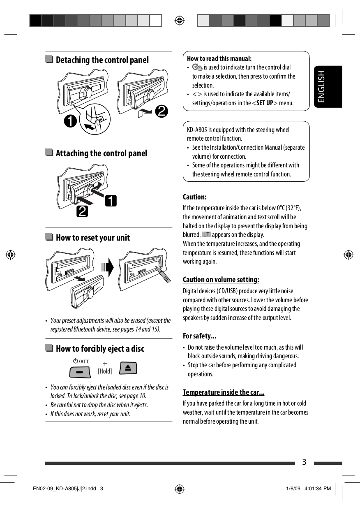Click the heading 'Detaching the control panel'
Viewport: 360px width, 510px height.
pyautogui.click(x=102, y=60)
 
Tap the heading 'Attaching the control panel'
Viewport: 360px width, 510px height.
pyautogui.click(x=101, y=153)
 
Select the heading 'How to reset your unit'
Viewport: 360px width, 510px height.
pyautogui.click(x=92, y=238)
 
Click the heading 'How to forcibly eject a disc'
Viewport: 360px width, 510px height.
pyautogui.click(x=100, y=349)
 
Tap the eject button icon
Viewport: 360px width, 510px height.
pyautogui.click(x=128, y=368)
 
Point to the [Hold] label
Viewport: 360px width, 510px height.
pyautogui.click(x=105, y=371)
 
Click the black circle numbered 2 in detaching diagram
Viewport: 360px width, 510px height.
pyautogui.click(x=161, y=111)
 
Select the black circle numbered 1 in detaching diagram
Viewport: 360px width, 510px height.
pyautogui.click(x=71, y=122)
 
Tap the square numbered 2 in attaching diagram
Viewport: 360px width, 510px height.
pyautogui.click(x=81, y=212)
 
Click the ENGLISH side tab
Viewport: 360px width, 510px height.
pyautogui.click(x=328, y=87)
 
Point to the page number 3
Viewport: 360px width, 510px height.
pyautogui.click(x=304, y=462)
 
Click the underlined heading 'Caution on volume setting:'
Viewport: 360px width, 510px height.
pyautogui.click(x=221, y=280)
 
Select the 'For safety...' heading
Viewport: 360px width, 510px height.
pyautogui.click(x=199, y=336)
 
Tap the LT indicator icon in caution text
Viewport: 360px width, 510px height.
pyautogui.click(x=206, y=234)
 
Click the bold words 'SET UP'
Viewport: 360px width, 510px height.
pyautogui.click(x=265, y=103)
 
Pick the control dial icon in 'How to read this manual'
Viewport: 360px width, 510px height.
pyautogui.click(x=197, y=67)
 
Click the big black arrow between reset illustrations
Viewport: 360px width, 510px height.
pyautogui.click(x=109, y=268)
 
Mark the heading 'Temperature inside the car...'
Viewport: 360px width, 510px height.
pyautogui.click(x=223, y=392)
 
